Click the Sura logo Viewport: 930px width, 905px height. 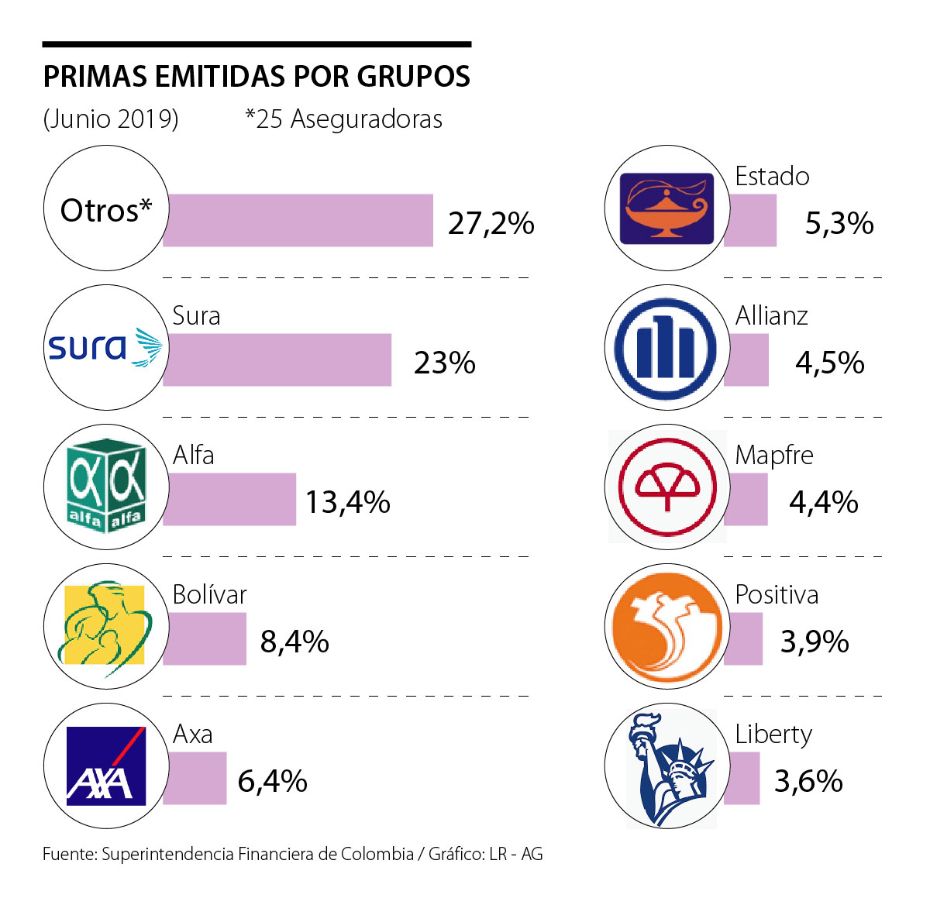pyautogui.click(x=105, y=347)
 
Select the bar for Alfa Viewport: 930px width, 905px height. pyautogui.click(x=229, y=499)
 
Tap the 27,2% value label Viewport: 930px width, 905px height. pyautogui.click(x=491, y=223)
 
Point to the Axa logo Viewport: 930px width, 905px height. pyautogui.click(x=105, y=766)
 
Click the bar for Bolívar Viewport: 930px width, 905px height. pyautogui.click(x=205, y=638)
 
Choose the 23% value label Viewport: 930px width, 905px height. pyautogui.click(x=445, y=363)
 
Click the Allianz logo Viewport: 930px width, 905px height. pyautogui.click(x=666, y=347)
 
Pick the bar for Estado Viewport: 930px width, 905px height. pyautogui.click(x=750, y=220)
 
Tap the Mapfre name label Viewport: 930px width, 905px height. pyautogui.click(x=774, y=455)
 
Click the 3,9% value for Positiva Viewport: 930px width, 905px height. pyautogui.click(x=815, y=642)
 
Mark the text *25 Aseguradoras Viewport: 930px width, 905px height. pyautogui.click(x=343, y=119)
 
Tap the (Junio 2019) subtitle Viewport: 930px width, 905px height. pyautogui.click(x=111, y=119)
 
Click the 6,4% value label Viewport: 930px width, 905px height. pyautogui.click(x=272, y=781)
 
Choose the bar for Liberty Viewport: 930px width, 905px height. pyautogui.click(x=742, y=778)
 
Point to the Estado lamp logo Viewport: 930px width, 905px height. pyautogui.click(x=666, y=208)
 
